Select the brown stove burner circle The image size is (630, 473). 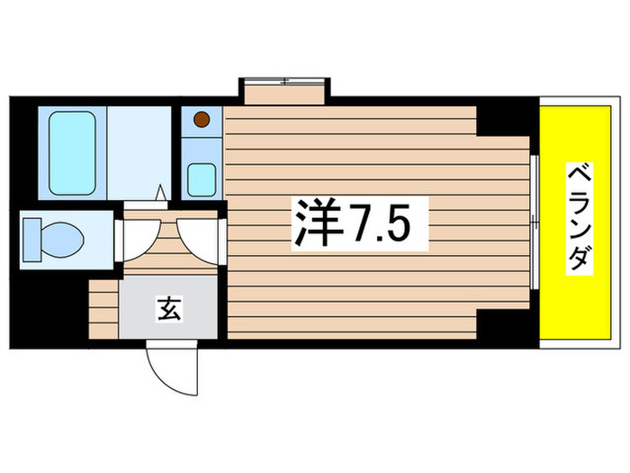pyautogui.click(x=202, y=118)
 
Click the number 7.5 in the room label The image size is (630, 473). pyautogui.click(x=388, y=225)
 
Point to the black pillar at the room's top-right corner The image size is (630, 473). pyautogui.click(x=504, y=119)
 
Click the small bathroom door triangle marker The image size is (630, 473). pyautogui.click(x=160, y=193)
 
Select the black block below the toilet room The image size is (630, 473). pyautogui.click(x=49, y=306)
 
